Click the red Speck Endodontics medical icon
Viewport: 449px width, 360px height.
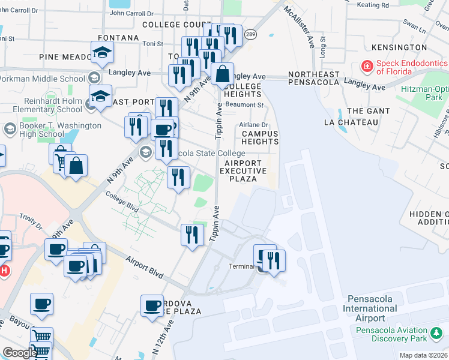(366, 65)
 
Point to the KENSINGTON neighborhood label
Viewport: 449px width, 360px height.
(398, 47)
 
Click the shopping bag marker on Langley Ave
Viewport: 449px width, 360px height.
(222, 74)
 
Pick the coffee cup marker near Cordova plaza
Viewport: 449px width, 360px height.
(152, 304)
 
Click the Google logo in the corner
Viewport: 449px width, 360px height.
(20, 352)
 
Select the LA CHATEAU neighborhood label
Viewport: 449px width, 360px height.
(351, 122)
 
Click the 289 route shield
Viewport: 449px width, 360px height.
(251, 34)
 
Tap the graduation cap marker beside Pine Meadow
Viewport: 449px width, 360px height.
(102, 53)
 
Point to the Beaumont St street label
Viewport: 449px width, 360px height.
(244, 104)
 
